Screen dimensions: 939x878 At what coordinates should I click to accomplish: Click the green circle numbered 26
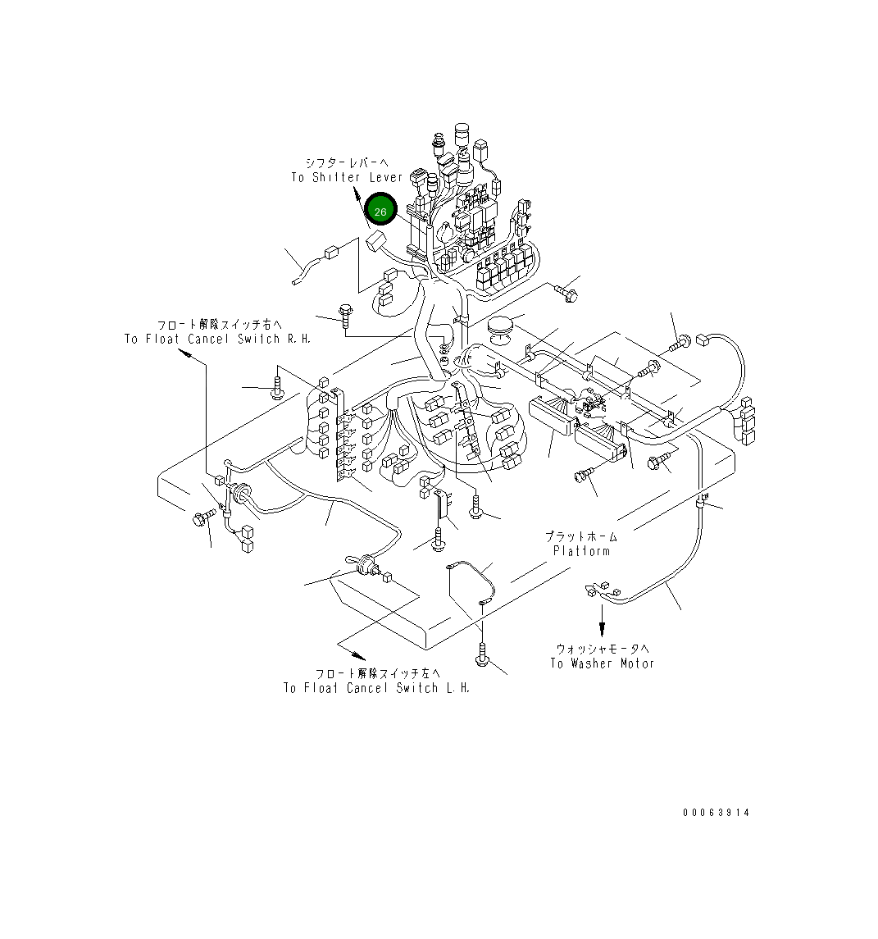coord(380,212)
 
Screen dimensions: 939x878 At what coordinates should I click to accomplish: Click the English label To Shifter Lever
coord(347,177)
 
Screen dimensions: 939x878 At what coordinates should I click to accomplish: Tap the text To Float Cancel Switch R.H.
coord(218,339)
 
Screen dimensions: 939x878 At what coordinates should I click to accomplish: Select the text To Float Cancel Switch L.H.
coord(377,688)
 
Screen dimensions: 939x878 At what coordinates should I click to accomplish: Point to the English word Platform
coord(581,551)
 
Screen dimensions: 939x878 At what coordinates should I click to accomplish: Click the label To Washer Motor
coord(603,663)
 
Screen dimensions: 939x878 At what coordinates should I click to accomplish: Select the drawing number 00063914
coord(716,813)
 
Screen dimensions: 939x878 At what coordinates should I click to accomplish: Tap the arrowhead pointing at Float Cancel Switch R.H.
coord(186,353)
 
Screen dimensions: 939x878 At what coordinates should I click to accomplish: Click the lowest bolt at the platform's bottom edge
coord(483,656)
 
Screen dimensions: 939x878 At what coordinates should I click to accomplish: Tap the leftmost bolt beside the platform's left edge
coord(202,517)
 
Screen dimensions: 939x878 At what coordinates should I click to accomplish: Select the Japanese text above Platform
coord(581,536)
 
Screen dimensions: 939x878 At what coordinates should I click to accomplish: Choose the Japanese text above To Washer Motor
coord(603,648)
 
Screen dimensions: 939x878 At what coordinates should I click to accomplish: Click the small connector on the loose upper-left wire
coord(331,253)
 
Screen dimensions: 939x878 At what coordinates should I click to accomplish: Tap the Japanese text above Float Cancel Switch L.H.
coord(377,673)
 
